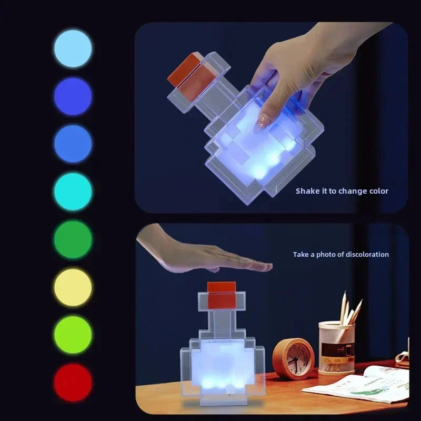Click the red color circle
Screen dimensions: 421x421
pos(73,383)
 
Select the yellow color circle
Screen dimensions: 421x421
pos(73,287)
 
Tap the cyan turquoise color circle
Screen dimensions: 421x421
pos(73,192)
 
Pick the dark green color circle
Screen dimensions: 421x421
pos(73,239)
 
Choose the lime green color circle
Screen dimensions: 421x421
pos(73,335)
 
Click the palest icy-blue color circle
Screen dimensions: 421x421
pos(73,48)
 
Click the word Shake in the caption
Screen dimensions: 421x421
pos(307,191)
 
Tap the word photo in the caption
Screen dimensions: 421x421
pos(325,254)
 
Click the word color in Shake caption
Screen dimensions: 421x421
pos(378,191)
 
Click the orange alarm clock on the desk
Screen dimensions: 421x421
pos(293,359)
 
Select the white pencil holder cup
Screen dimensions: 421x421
pos(336,348)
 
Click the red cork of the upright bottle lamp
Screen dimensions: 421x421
pos(222,295)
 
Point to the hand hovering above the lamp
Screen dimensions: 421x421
pos(210,255)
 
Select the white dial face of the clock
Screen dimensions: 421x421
pos(295,360)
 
